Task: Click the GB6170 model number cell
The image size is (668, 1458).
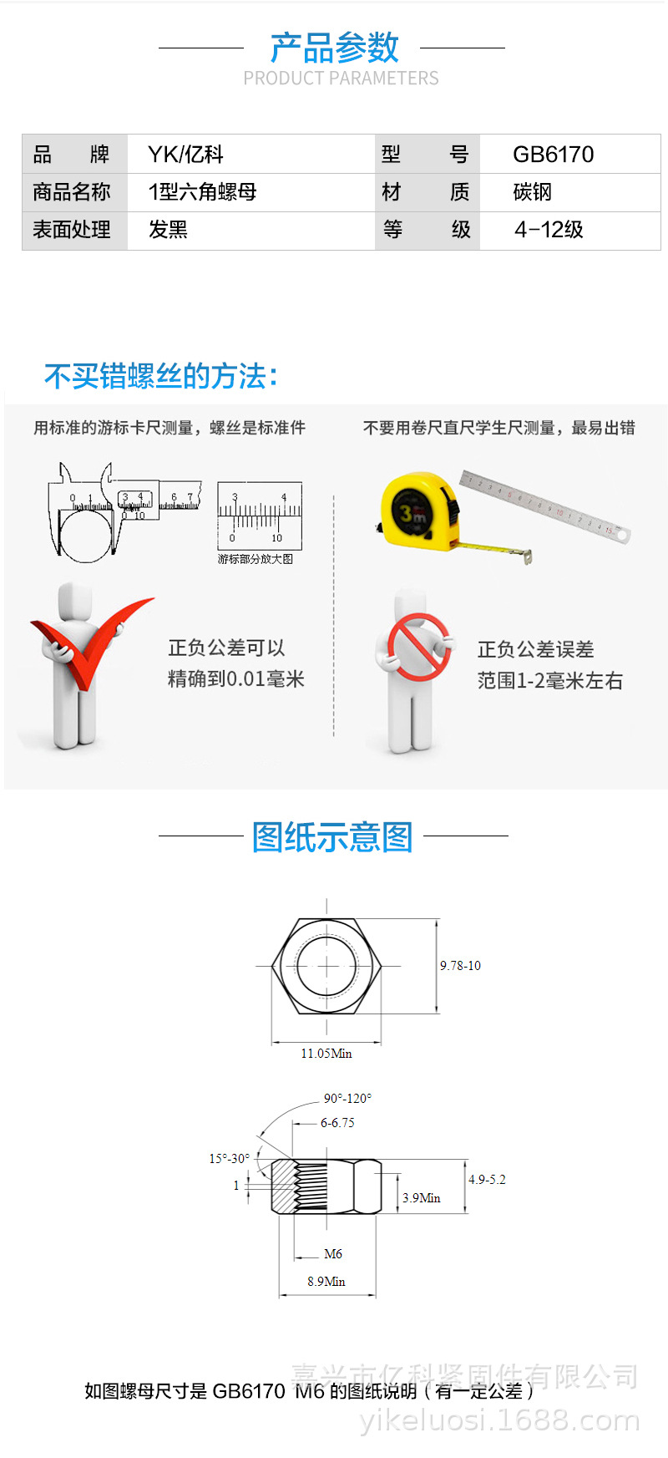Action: (553, 155)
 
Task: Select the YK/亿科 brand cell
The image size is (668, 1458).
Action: (185, 155)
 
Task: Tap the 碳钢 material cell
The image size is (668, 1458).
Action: (533, 192)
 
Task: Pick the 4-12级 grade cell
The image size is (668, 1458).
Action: (549, 230)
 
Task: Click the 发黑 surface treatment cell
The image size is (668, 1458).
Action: (168, 230)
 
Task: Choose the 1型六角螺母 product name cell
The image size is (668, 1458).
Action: (202, 192)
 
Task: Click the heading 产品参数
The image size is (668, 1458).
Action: (334, 48)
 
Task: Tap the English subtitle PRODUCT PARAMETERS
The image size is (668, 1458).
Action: (341, 79)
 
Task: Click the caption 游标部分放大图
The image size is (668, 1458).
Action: (256, 559)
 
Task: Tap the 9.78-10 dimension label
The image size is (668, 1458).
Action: (460, 966)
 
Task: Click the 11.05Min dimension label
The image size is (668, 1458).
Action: (326, 1054)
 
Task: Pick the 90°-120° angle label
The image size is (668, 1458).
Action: (347, 1099)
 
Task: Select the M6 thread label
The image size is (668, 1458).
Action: (333, 1254)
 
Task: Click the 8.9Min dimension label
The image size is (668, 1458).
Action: (326, 1282)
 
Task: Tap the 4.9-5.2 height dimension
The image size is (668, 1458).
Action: (487, 1180)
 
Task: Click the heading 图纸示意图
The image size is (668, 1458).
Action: (332, 836)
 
